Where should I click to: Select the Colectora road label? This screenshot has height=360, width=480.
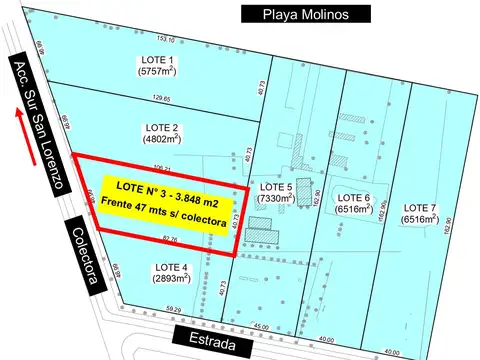click(85, 255)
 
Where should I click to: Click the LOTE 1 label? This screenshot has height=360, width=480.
click(157, 61)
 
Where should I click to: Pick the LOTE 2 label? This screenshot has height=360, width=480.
click(161, 128)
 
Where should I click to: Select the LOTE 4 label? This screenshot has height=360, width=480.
click(171, 268)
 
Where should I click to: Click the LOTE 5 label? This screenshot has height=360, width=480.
click(275, 187)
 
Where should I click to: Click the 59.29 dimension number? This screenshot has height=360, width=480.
click(174, 310)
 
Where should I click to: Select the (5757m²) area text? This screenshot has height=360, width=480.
click(157, 73)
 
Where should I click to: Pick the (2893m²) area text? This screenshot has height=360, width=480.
click(171, 280)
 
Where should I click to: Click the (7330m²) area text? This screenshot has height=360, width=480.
click(275, 199)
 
